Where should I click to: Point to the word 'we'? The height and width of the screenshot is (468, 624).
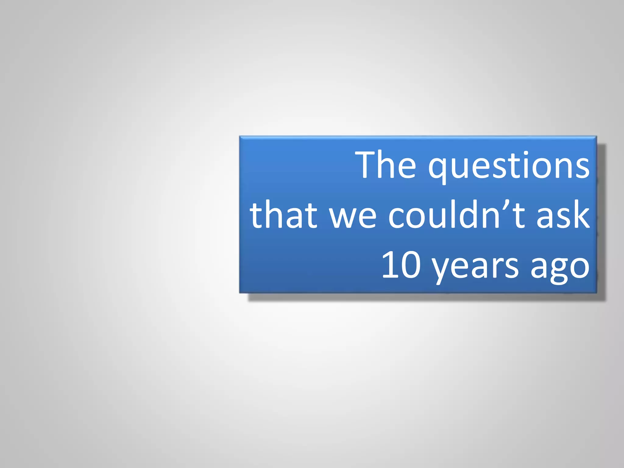click(x=353, y=217)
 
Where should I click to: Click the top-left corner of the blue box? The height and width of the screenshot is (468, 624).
click(x=240, y=137)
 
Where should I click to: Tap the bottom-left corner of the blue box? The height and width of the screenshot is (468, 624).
click(x=240, y=293)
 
